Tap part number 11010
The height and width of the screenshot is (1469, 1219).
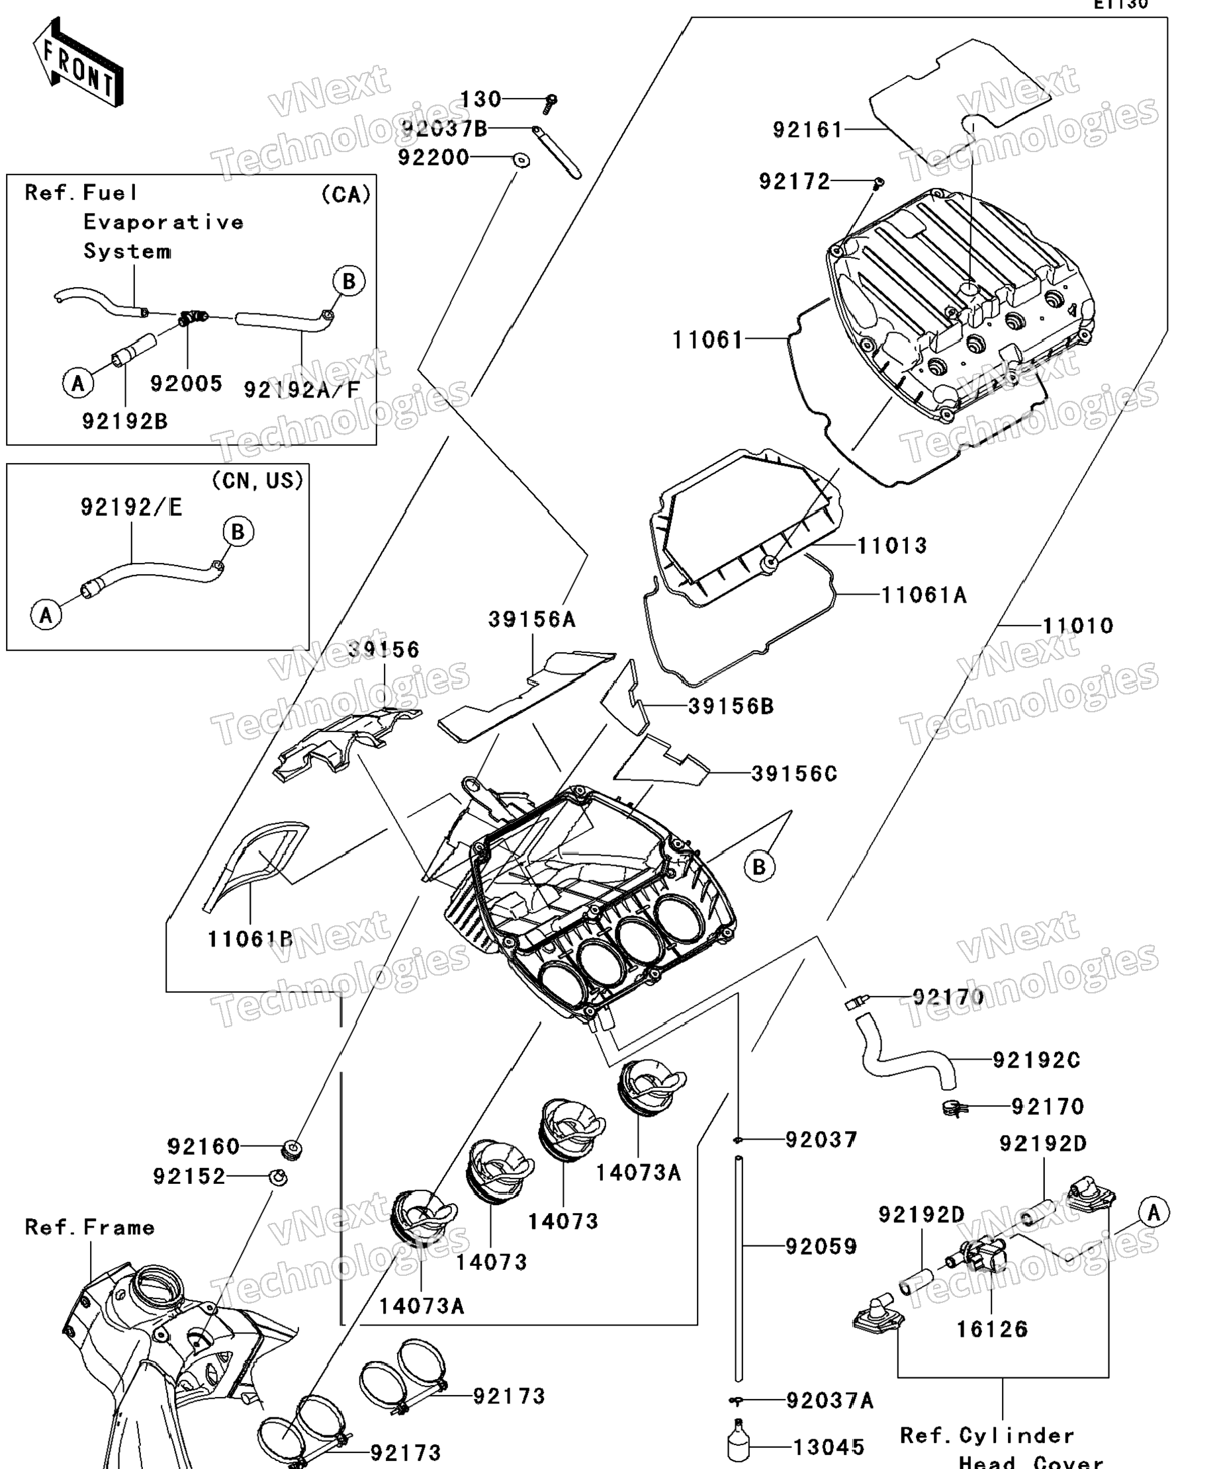click(x=1077, y=626)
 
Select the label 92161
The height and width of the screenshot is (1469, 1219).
click(x=807, y=130)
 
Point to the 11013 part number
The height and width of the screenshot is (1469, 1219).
click(x=892, y=545)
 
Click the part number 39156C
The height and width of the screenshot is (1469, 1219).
click(x=794, y=774)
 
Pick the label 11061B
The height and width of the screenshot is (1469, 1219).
click(x=249, y=939)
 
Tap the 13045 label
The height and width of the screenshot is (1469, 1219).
click(x=829, y=1447)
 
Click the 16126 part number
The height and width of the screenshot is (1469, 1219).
click(x=991, y=1329)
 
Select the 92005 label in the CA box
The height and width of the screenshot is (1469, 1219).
click(x=186, y=384)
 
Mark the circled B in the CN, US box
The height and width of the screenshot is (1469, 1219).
click(x=238, y=532)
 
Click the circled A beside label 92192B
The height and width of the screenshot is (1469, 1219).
click(x=77, y=383)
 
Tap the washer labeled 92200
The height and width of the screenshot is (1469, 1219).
click(x=521, y=160)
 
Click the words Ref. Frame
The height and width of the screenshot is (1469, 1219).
click(x=89, y=1227)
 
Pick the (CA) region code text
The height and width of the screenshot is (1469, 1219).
click(x=345, y=194)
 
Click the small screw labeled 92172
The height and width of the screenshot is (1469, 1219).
click(x=880, y=183)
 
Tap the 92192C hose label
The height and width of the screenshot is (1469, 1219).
click(x=1036, y=1060)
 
